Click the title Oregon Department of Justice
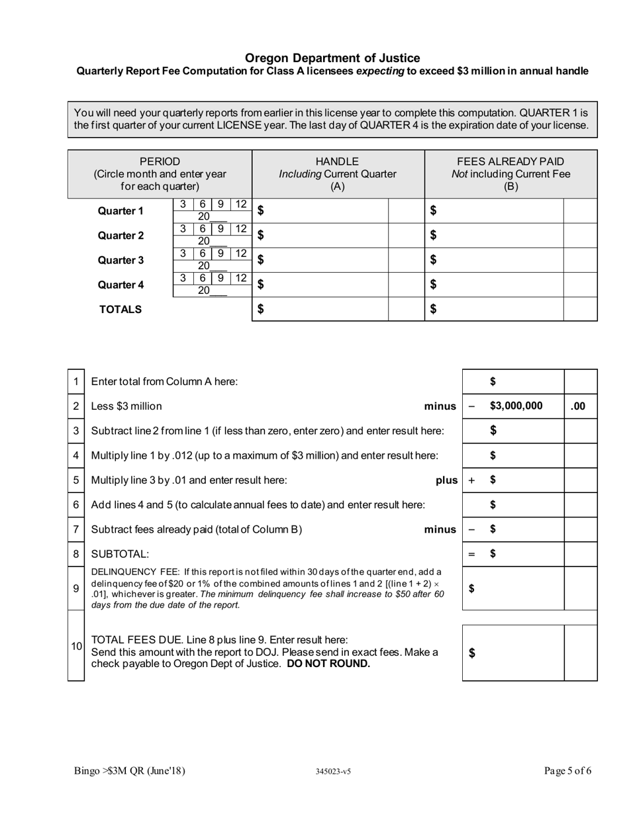[332, 58]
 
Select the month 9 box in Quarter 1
[220, 205]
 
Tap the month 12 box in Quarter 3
[241, 253]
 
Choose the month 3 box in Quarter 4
[183, 279]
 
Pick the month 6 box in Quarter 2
[203, 229]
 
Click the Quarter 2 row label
[121, 236]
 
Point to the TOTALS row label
[121, 309]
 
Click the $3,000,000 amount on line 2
[516, 406]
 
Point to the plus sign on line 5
[471, 480]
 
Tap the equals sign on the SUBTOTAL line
[471, 555]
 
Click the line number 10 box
[76, 646]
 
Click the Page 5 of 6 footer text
[567, 770]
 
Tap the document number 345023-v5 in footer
[333, 771]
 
